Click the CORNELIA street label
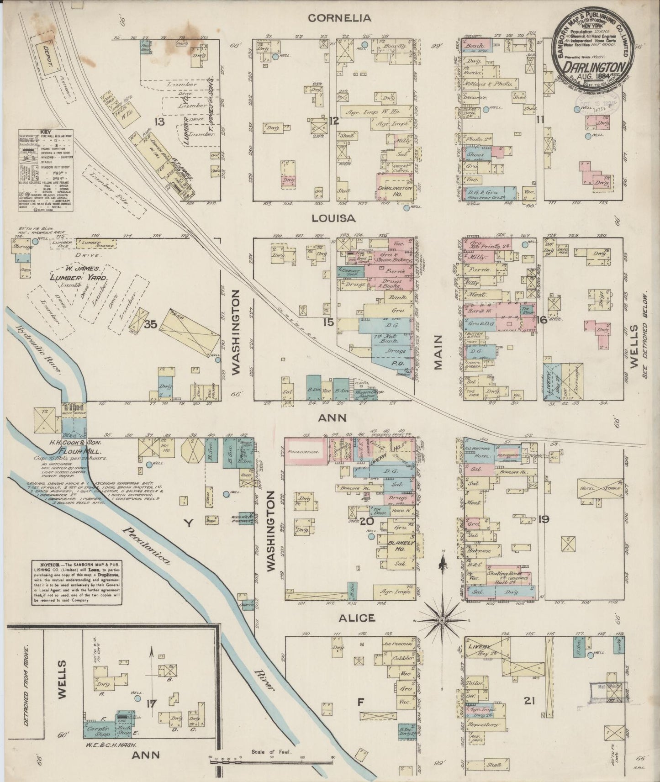[339, 18]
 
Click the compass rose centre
[442, 621]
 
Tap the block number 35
[150, 325]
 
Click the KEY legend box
[47, 171]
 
